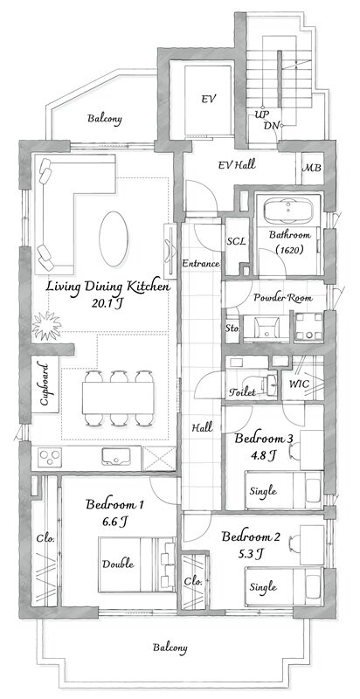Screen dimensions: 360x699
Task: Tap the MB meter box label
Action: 312,169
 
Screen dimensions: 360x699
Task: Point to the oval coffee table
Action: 114,239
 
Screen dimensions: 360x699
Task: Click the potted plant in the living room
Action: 46,325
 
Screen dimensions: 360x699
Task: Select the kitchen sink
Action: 116,457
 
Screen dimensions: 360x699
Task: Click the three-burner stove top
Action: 49,457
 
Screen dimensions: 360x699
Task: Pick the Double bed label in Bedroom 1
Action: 118,564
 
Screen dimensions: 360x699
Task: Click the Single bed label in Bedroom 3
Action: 263,492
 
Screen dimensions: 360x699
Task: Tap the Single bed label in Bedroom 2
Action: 263,587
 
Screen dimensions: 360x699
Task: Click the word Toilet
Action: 242,392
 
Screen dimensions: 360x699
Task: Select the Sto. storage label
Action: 233,329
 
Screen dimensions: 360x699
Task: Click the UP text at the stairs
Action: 261,114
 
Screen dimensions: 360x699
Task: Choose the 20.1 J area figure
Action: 107,304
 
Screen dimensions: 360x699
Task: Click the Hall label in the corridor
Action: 202,428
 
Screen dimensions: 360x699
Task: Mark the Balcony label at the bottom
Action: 170,647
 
